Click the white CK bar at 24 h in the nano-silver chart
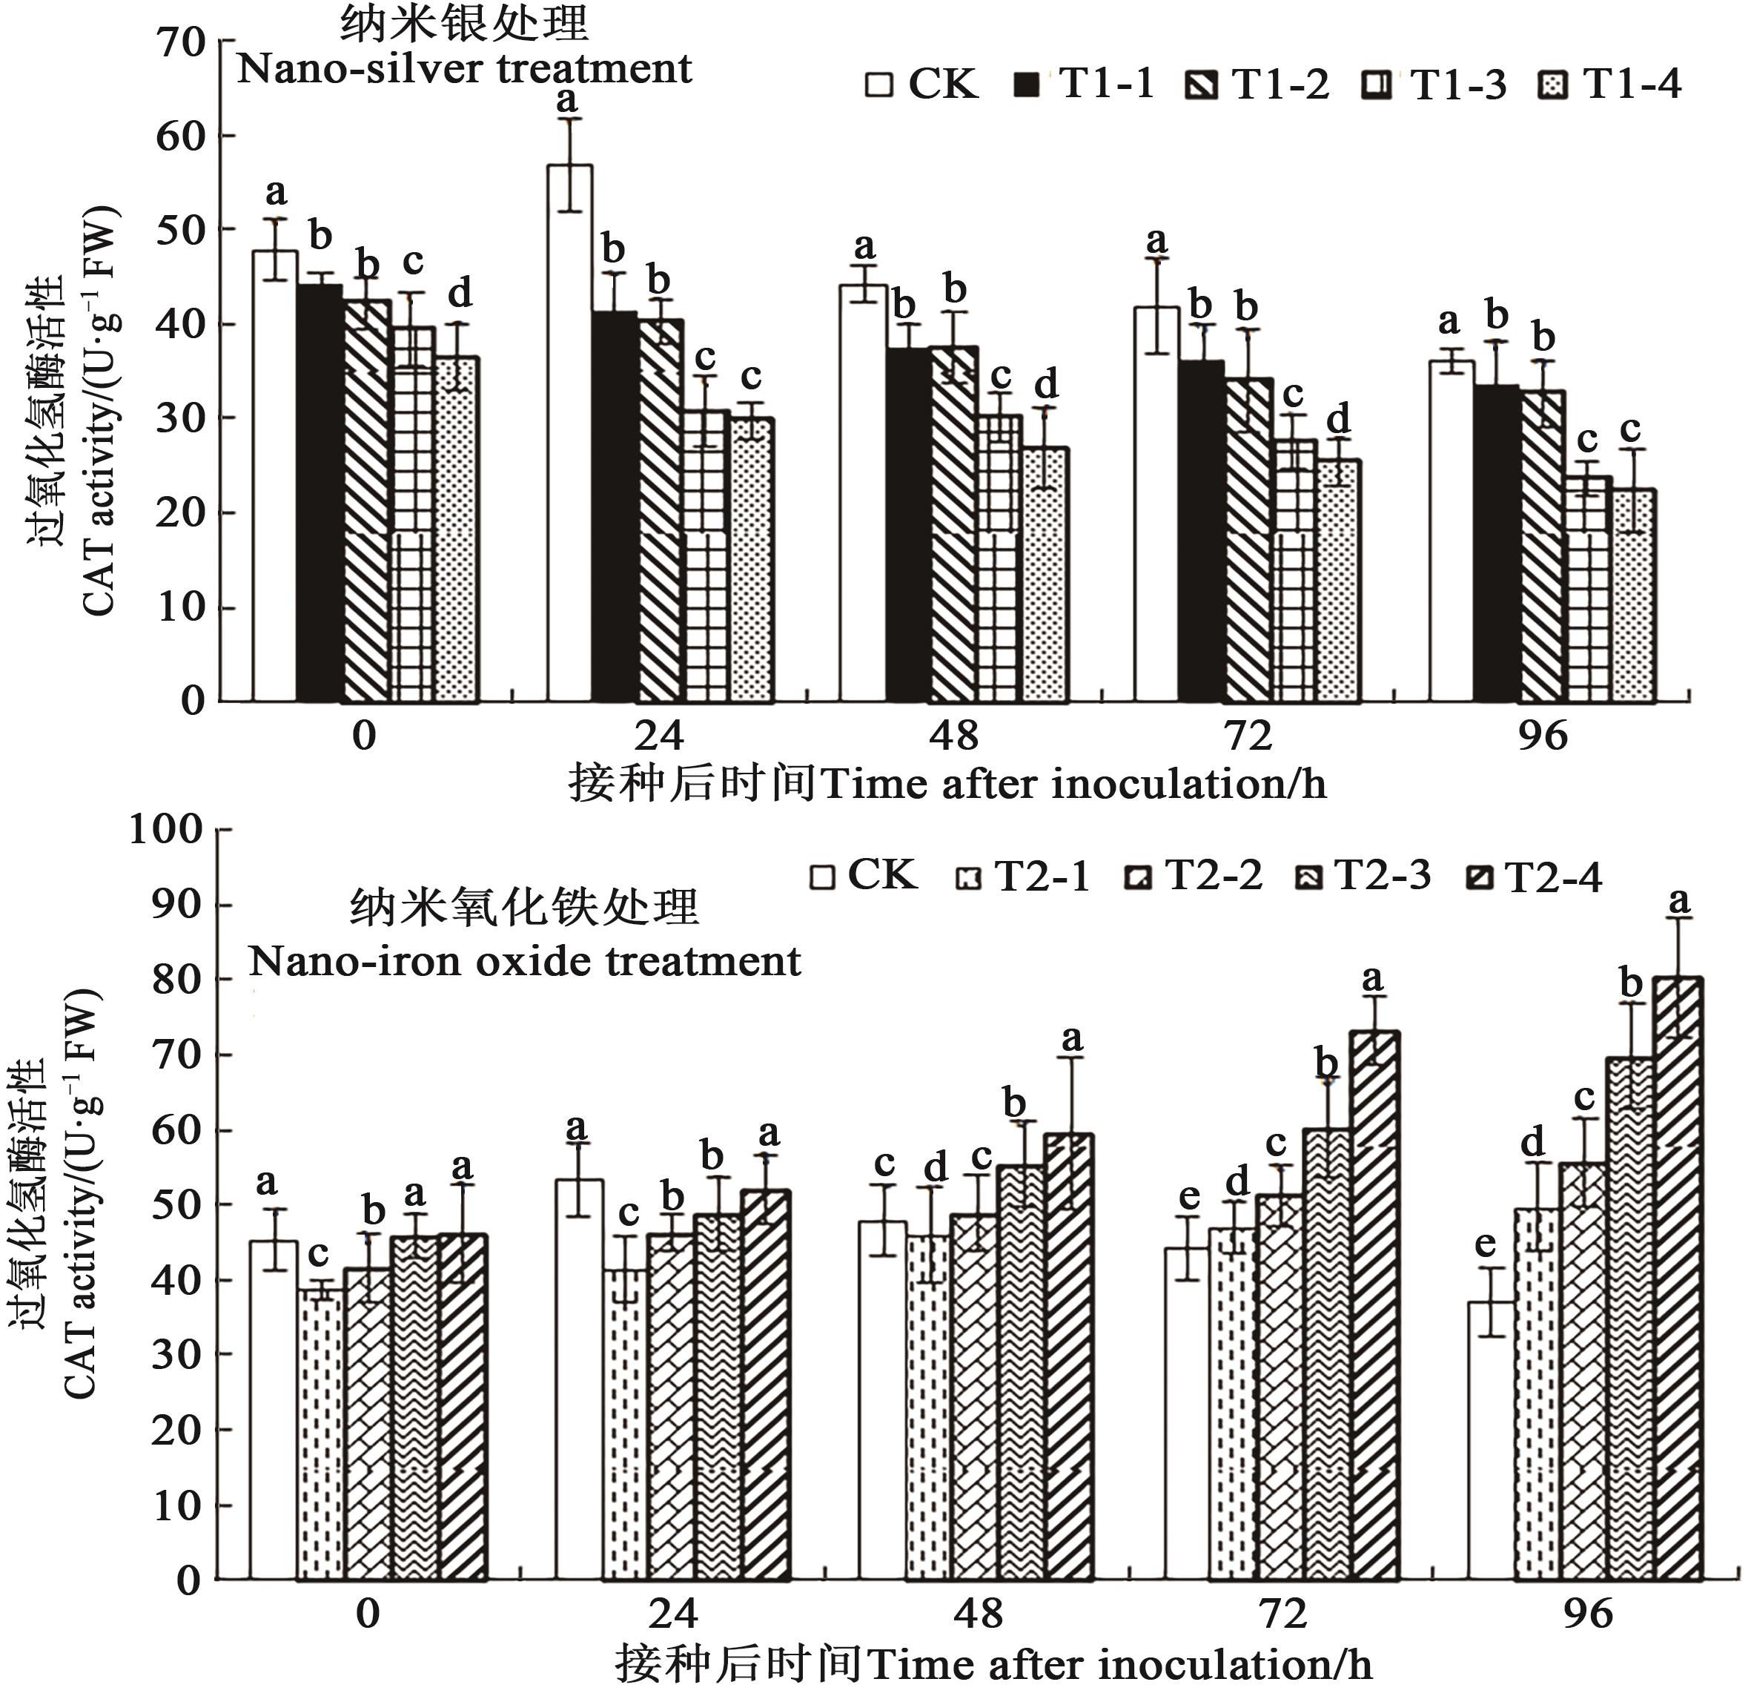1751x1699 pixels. click(x=570, y=434)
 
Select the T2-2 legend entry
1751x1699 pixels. click(x=1193, y=875)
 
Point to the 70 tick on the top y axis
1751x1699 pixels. click(x=193, y=42)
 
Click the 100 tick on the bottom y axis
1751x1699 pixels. click(x=166, y=828)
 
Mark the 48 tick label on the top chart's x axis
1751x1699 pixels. click(x=953, y=736)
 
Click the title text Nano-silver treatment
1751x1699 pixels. click(x=463, y=69)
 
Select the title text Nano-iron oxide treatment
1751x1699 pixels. click(x=524, y=962)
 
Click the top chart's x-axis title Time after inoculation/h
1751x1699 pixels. click(x=1072, y=785)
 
